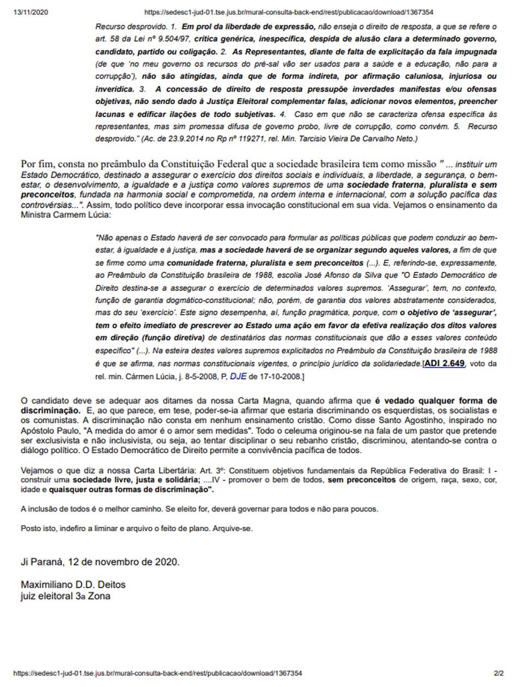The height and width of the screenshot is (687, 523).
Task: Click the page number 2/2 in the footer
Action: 498,673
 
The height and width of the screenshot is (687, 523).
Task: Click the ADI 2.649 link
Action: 444,364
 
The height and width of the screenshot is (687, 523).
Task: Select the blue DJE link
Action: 238,376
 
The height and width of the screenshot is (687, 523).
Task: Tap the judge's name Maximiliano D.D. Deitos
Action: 73,585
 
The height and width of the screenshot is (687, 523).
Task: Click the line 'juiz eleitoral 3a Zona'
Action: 65,596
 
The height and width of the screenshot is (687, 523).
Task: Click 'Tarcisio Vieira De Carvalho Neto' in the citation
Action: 357,139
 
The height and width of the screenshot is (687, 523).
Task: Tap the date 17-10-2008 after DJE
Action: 276,376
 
